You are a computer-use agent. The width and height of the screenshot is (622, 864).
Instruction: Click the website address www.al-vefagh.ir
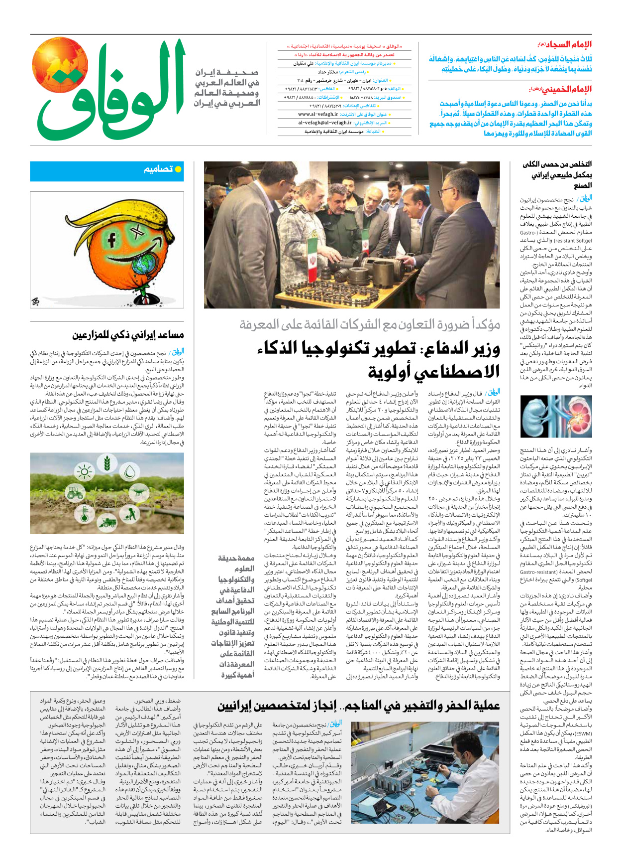click(x=318, y=114)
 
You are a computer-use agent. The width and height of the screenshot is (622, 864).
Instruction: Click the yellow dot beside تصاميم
click(x=178, y=169)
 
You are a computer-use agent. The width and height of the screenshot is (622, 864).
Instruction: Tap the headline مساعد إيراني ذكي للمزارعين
click(x=128, y=334)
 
